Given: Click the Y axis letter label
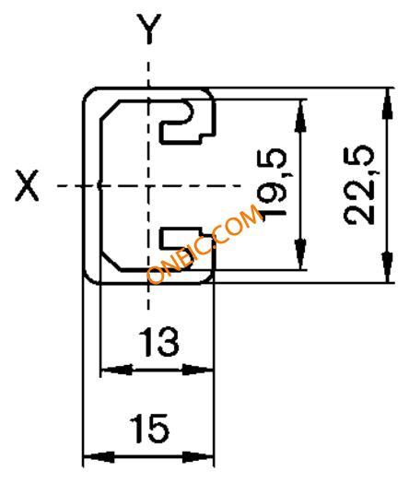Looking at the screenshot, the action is click(x=149, y=29).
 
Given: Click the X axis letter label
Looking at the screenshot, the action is click(x=27, y=186).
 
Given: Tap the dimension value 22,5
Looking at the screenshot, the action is click(x=359, y=185).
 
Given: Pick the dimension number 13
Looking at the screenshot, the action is click(x=158, y=342).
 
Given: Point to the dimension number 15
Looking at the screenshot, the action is click(x=149, y=429).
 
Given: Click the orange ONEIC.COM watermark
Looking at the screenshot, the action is click(x=205, y=243).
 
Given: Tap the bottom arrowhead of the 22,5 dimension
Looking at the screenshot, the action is click(x=388, y=266).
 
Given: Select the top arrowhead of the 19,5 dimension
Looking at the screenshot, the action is click(x=300, y=116).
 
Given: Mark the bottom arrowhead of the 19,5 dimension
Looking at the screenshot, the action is click(x=300, y=253).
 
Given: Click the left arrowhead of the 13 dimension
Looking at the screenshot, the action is click(x=117, y=370).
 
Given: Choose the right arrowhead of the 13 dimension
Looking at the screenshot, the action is click(x=197, y=370).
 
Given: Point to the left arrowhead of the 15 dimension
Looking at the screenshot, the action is click(x=99, y=457).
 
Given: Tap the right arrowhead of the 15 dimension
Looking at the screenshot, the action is click(x=197, y=457).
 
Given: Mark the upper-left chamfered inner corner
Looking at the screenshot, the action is click(x=110, y=110).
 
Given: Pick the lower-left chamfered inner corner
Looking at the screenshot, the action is click(x=111, y=262).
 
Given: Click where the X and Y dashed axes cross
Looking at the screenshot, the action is click(x=149, y=186).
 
